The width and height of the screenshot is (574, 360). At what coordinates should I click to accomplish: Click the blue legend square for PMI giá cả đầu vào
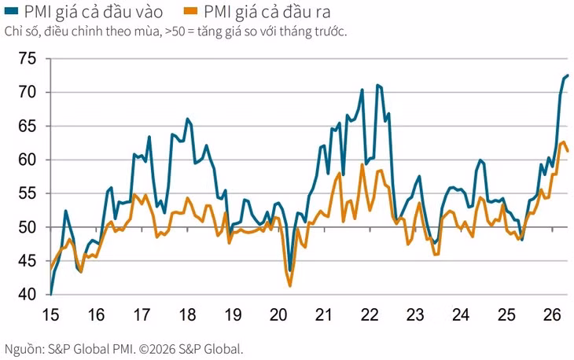click(x=11, y=11)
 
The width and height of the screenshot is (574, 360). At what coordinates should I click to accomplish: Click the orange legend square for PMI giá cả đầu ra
click(x=190, y=11)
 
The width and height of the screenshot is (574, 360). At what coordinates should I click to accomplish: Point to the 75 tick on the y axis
click(x=28, y=58)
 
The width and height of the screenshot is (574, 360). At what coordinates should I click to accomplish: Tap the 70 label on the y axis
click(x=28, y=92)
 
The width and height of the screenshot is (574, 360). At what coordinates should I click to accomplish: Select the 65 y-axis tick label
click(x=28, y=126)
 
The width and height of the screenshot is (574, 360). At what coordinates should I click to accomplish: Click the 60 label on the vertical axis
click(x=28, y=160)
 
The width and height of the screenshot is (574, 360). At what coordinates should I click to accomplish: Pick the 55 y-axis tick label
click(x=28, y=193)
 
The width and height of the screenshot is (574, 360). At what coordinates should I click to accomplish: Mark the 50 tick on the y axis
click(x=28, y=227)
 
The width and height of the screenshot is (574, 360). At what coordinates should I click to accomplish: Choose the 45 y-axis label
click(x=28, y=261)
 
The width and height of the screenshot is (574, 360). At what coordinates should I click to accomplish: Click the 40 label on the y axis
click(x=28, y=295)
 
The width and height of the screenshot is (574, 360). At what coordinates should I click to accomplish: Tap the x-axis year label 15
click(x=50, y=315)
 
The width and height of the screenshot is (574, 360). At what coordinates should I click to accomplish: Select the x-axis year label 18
click(x=187, y=315)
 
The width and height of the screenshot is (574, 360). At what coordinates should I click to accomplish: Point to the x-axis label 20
click(x=278, y=315)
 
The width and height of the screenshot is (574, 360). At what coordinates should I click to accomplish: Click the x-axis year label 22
click(x=370, y=315)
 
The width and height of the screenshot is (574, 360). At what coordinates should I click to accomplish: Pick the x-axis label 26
click(x=553, y=315)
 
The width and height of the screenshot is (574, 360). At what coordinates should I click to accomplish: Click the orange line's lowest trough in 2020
click(x=290, y=286)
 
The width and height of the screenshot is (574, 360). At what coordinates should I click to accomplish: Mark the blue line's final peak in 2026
click(x=568, y=75)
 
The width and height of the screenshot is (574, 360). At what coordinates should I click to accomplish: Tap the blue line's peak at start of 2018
click(x=187, y=119)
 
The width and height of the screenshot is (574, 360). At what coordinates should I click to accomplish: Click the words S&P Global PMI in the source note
click(x=90, y=349)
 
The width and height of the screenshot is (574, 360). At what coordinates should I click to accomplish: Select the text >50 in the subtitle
click(x=175, y=31)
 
